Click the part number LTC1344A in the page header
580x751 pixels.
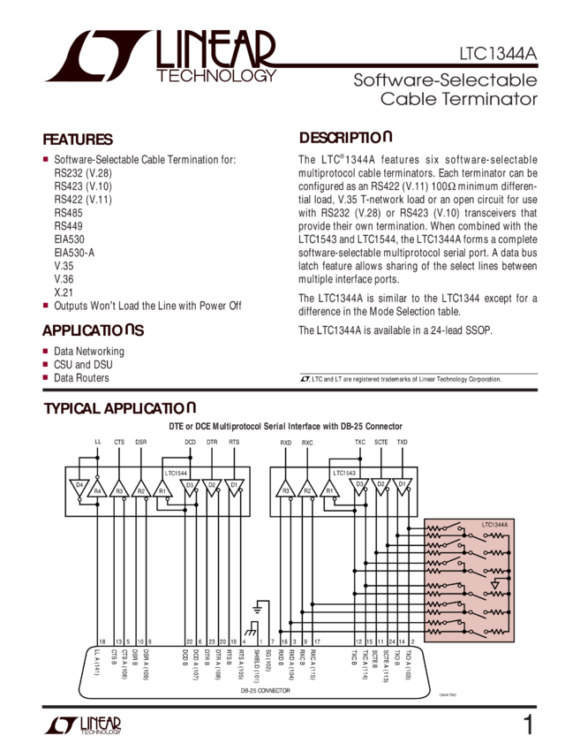coord(498,53)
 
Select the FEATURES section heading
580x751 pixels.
coord(79,140)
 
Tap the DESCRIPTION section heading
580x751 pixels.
coord(345,139)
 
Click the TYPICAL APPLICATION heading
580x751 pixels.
coord(120,409)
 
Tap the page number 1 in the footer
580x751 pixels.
coord(528,725)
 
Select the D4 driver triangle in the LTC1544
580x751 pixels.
coord(79,487)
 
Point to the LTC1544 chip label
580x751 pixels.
coord(175,473)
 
